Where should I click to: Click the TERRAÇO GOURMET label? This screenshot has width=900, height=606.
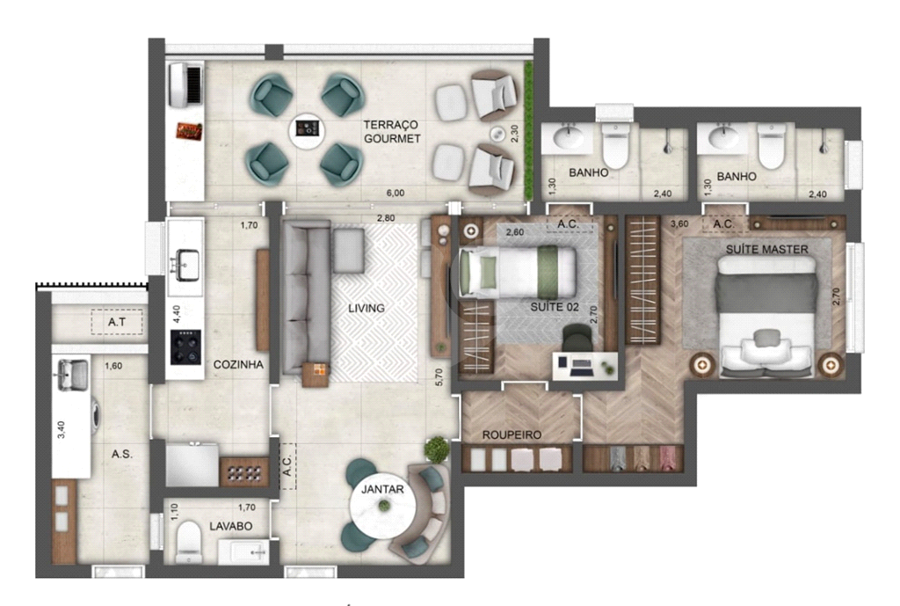[392, 132]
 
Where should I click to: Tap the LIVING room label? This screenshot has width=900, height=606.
[367, 309]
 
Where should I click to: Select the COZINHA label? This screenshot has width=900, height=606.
[238, 364]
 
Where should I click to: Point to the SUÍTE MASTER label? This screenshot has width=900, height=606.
[766, 249]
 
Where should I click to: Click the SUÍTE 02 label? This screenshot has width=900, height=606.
[555, 307]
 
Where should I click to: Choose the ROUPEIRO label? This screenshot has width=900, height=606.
[512, 434]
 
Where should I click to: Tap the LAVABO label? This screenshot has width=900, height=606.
[231, 526]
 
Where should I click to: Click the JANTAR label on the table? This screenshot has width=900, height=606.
[382, 489]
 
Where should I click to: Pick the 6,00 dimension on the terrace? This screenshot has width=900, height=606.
[395, 193]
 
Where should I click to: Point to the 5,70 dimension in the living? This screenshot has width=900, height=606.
[439, 376]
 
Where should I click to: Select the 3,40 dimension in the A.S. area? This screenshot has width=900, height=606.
[62, 429]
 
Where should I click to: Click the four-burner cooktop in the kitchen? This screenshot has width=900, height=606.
[186, 347]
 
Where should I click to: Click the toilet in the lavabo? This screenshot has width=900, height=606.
[188, 543]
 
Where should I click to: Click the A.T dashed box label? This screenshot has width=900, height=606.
[117, 322]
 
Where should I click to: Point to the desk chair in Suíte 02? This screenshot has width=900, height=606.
[577, 337]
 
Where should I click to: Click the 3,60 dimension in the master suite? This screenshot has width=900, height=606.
[679, 223]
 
